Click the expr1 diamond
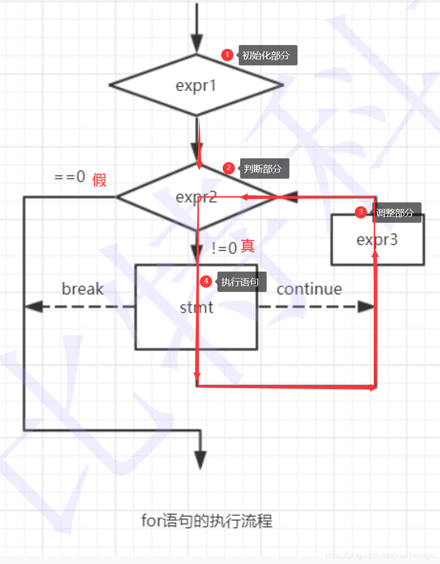click(196, 85)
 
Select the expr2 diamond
click(196, 197)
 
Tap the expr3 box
click(377, 240)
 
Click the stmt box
click(196, 307)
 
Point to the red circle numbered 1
click(227, 55)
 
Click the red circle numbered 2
click(229, 168)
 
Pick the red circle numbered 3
click(361, 212)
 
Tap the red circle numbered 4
click(206, 282)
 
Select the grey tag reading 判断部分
click(264, 169)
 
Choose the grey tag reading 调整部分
click(395, 213)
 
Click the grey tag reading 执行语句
click(241, 282)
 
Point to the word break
click(82, 289)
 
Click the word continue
click(309, 289)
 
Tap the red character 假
click(99, 180)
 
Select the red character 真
click(248, 246)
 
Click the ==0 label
click(70, 177)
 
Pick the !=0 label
click(224, 248)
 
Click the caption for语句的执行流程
click(207, 521)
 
